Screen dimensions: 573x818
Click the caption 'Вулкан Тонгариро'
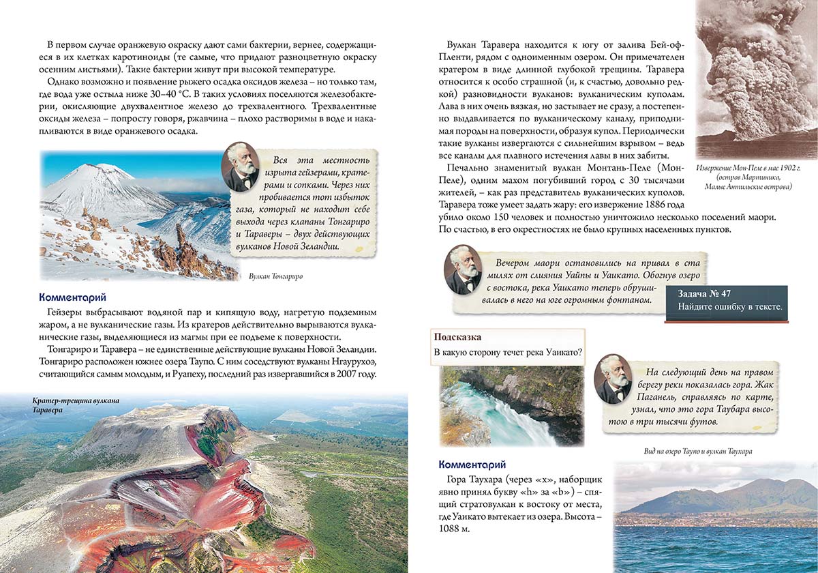tap(276, 276)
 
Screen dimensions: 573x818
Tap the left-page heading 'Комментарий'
tap(72, 297)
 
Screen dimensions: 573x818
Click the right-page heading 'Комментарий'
tap(472, 464)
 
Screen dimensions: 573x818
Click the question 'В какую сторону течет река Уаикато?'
tap(507, 353)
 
